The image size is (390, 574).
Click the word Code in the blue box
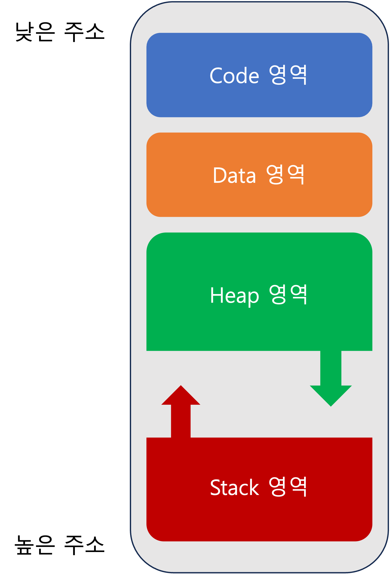pyautogui.click(x=234, y=76)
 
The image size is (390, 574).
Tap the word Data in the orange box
pyautogui.click(x=234, y=175)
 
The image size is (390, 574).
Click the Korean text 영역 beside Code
pyautogui.click(x=288, y=75)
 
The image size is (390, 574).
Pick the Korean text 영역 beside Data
pyautogui.click(x=285, y=174)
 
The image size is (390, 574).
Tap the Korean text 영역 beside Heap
pyautogui.click(x=288, y=295)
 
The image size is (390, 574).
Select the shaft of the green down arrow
pyautogui.click(x=331, y=368)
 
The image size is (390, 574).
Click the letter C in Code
pyautogui.click(x=216, y=76)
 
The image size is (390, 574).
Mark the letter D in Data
pyautogui.click(x=219, y=175)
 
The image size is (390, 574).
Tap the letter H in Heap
pyautogui.click(x=216, y=295)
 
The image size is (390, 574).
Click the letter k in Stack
pyautogui.click(x=254, y=487)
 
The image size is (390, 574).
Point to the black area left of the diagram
pyautogui.click(x=64, y=281)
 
